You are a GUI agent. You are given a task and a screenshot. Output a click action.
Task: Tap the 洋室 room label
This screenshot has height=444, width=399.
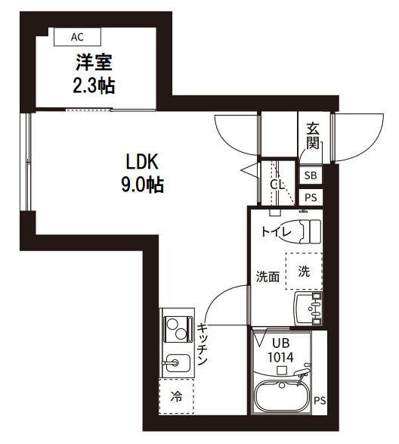(x=92, y=61)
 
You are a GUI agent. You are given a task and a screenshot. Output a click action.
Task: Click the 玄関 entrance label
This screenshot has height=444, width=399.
(x=313, y=136)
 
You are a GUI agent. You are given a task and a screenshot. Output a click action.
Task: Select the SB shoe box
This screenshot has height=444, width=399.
(x=311, y=175)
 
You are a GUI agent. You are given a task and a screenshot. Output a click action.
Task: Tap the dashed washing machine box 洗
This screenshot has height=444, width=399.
(x=303, y=271)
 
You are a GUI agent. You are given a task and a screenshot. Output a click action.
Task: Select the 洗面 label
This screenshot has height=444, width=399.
(x=267, y=277)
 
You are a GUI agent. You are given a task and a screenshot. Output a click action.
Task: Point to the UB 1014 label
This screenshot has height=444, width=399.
(x=280, y=350)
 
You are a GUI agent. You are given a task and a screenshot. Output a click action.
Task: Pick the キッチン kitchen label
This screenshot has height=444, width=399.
(x=203, y=345)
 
